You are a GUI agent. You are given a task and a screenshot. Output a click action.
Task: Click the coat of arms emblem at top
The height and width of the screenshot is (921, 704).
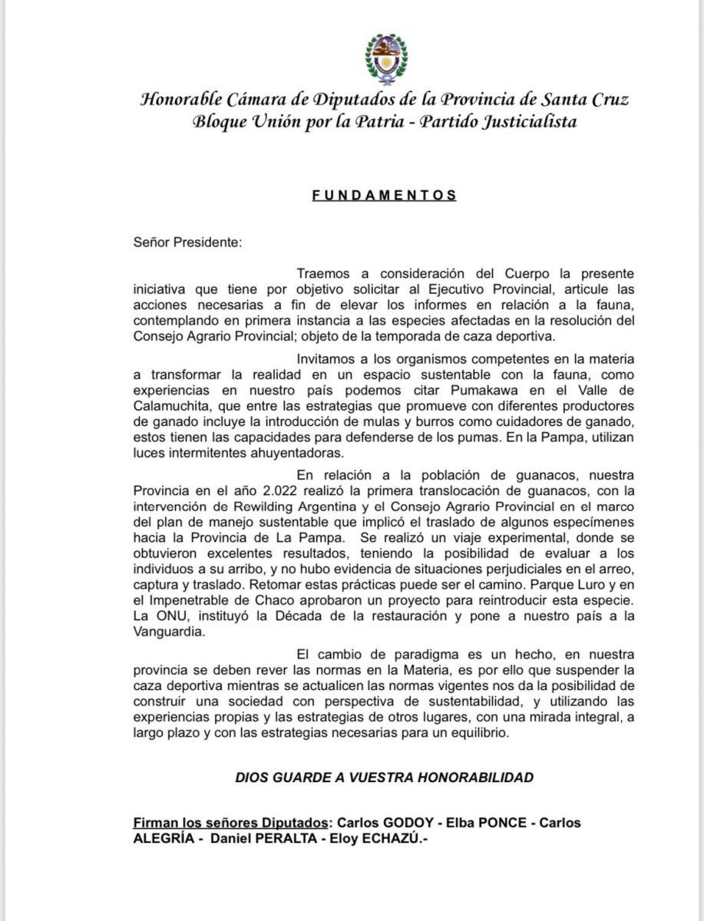(x=384, y=58)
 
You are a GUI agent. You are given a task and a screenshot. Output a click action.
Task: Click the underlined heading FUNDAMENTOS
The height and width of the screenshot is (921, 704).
(x=384, y=195)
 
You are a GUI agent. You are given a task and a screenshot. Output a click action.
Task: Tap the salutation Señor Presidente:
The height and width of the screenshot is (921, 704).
(x=187, y=243)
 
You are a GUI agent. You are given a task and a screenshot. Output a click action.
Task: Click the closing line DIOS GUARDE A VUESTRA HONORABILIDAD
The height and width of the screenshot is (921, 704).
(x=384, y=777)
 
